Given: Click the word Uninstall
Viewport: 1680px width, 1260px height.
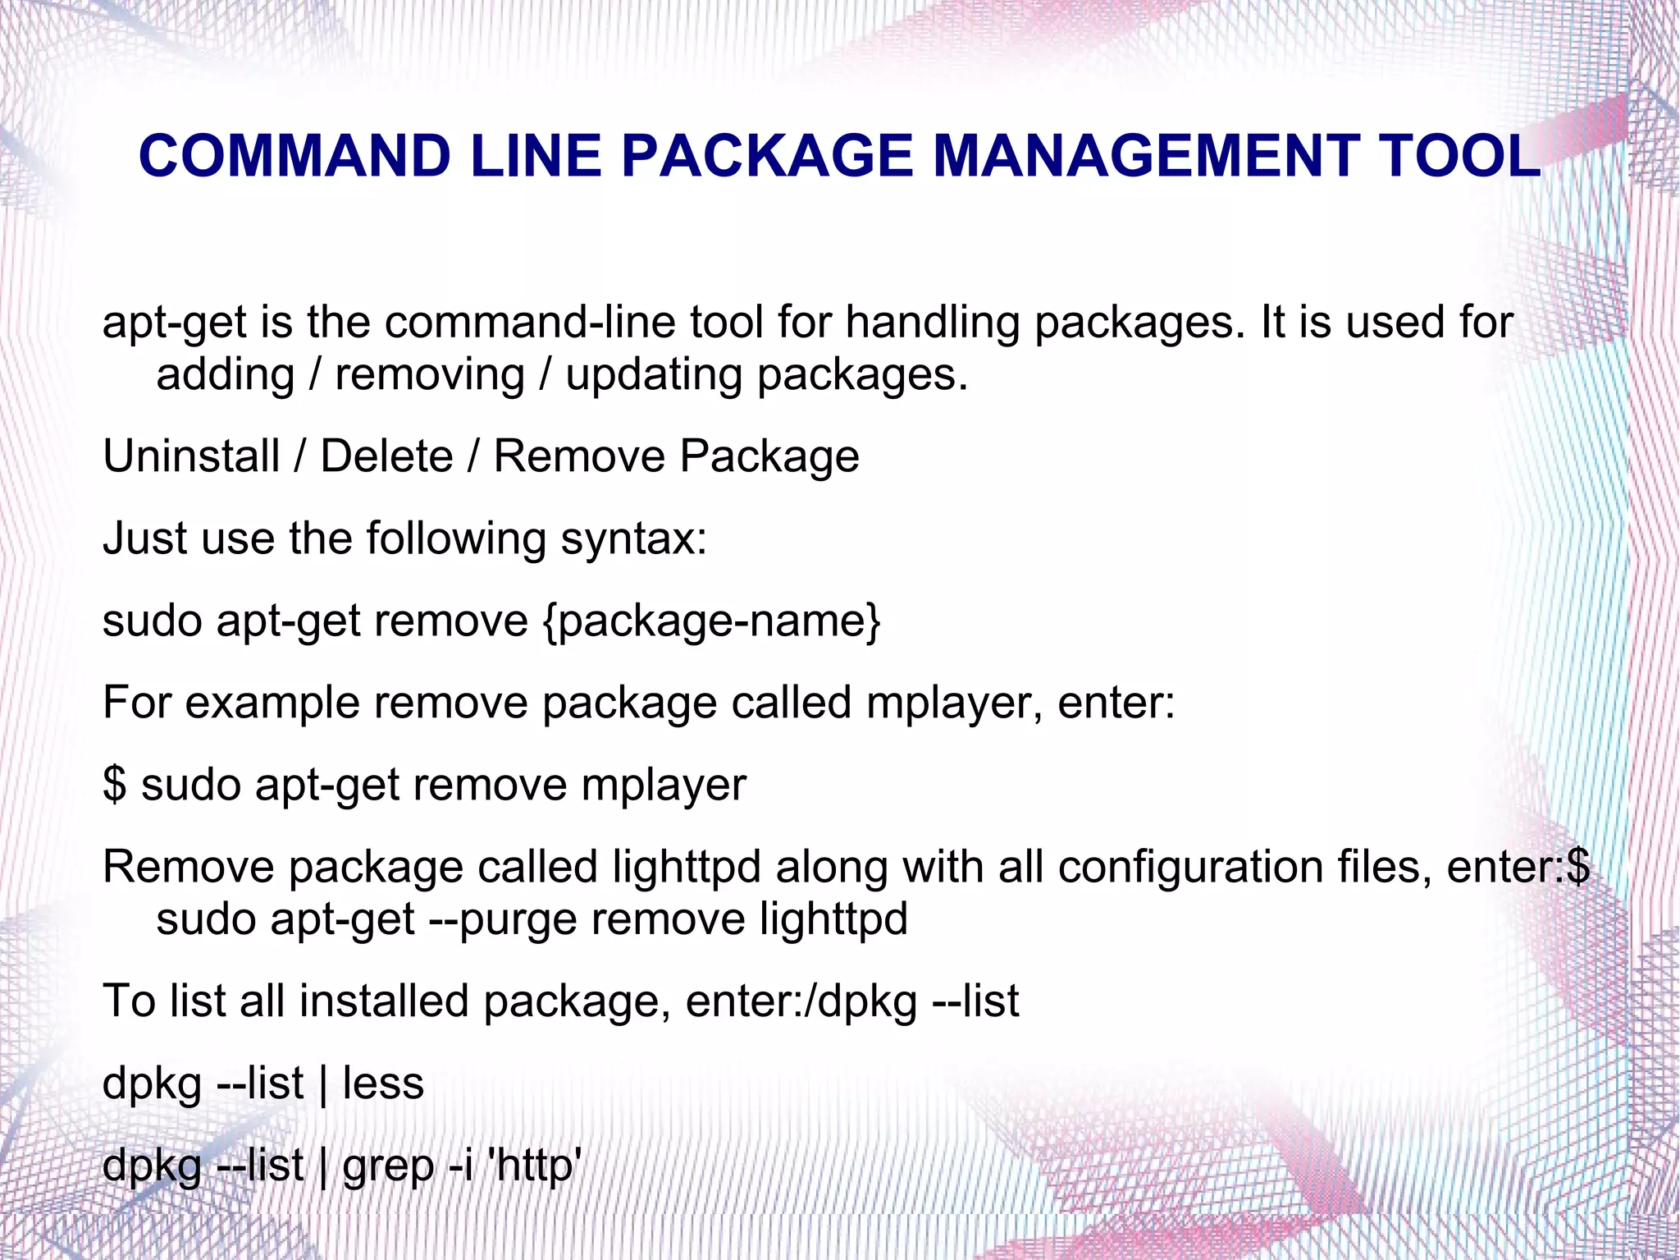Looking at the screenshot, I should tap(191, 456).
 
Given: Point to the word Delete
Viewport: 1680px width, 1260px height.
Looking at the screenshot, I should tap(386, 456).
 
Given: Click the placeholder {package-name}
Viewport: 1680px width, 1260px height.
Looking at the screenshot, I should tap(712, 621).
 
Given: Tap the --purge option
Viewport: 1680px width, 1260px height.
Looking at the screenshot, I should tap(503, 919).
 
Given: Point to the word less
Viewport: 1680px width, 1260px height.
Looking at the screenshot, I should tap(383, 1084).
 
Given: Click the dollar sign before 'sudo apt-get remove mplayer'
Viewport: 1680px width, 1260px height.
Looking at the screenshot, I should tap(115, 785).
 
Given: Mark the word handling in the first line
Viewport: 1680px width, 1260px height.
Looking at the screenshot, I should tap(933, 322).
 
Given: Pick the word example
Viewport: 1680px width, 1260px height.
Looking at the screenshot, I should tap(272, 703).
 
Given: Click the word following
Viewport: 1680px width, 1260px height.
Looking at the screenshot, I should tap(455, 539).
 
